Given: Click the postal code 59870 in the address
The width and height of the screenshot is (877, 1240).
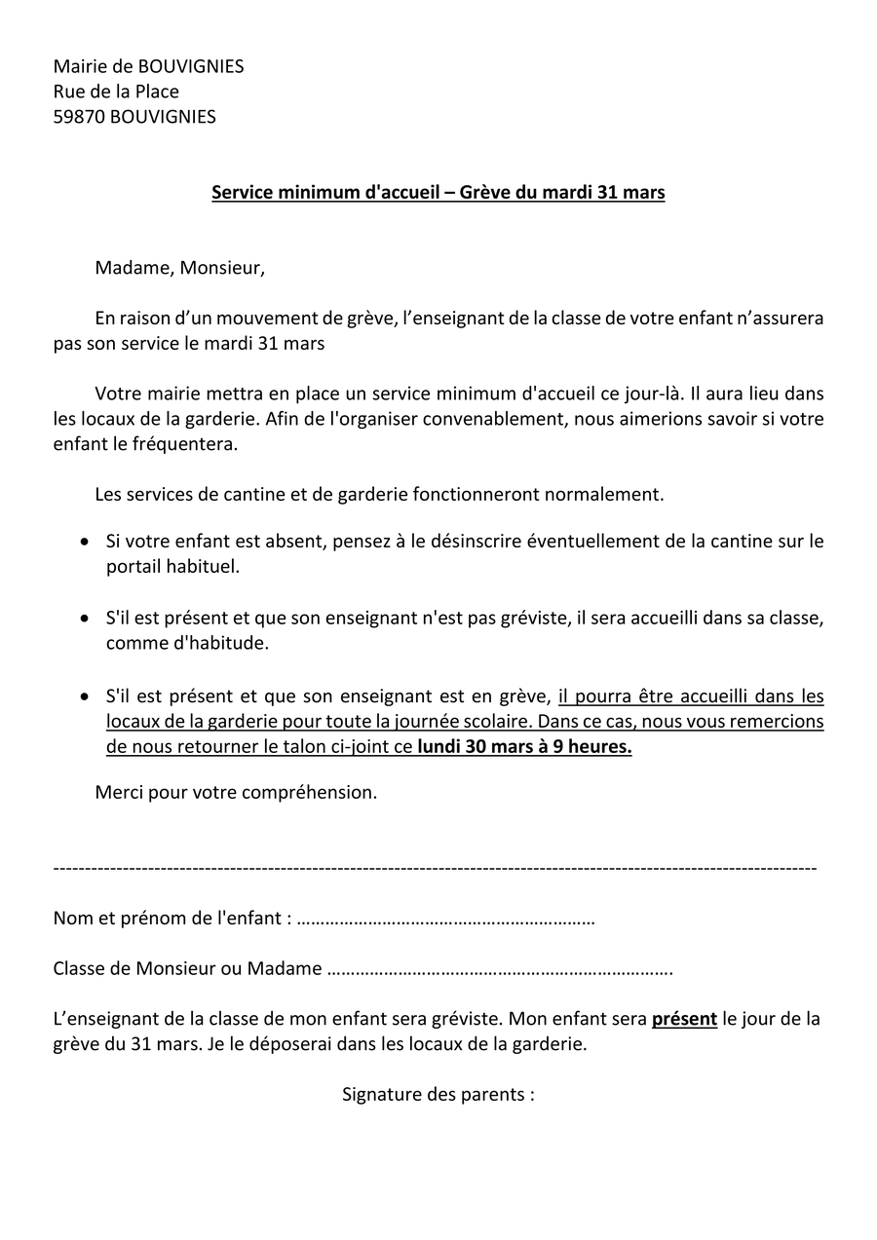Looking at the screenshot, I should click(x=79, y=117).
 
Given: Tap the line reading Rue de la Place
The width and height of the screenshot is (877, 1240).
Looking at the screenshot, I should click(x=116, y=92).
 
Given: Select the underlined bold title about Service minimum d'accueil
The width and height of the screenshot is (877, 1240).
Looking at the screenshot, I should click(x=438, y=193).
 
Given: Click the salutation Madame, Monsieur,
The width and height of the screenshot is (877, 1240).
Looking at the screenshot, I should click(x=179, y=268).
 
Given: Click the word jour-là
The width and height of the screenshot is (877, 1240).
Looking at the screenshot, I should click(x=652, y=395).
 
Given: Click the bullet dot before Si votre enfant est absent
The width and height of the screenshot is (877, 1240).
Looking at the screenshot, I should click(x=85, y=542).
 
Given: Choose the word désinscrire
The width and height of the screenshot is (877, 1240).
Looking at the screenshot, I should click(x=474, y=542).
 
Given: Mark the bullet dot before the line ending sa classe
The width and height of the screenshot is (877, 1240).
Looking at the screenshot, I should click(x=85, y=618).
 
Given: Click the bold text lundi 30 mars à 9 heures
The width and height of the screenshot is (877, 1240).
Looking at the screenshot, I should click(x=524, y=748).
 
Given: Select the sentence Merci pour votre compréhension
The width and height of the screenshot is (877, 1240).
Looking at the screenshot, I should click(x=236, y=793).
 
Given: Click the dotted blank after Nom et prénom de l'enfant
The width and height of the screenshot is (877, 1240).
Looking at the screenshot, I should click(x=445, y=919).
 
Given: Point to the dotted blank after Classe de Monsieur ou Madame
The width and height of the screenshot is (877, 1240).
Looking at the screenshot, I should click(x=500, y=969).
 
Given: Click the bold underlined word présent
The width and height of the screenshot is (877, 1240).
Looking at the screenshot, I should click(x=684, y=1020).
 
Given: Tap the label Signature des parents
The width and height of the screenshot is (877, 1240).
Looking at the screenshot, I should click(x=438, y=1095).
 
